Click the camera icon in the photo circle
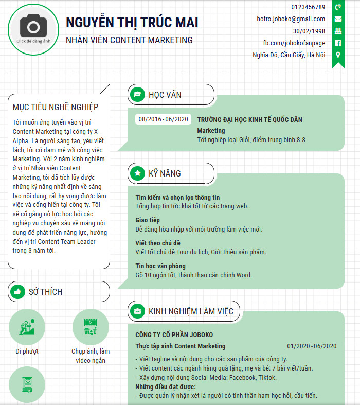pyautogui.click(x=33, y=25)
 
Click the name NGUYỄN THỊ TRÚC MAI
pyautogui.click(x=132, y=22)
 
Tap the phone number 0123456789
pyautogui.click(x=308, y=7)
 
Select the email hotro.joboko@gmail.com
pyautogui.click(x=291, y=19)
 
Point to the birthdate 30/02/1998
pyautogui.click(x=309, y=31)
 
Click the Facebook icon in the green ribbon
pyautogui.click(x=338, y=43)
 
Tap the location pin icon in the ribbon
pyautogui.click(x=338, y=55)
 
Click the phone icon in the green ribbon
pyautogui.click(x=338, y=7)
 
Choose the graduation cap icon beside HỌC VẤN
pyautogui.click(x=137, y=95)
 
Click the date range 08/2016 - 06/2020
pyautogui.click(x=163, y=119)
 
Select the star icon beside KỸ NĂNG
pyautogui.click(x=137, y=173)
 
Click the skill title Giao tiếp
pyautogui.click(x=148, y=220)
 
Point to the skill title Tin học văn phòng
pyautogui.click(x=160, y=266)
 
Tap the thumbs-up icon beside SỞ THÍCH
pyautogui.click(x=17, y=292)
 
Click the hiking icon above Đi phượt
pyautogui.click(x=27, y=327)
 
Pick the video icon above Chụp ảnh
pyautogui.click(x=91, y=327)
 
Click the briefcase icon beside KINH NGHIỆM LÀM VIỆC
pyautogui.click(x=137, y=311)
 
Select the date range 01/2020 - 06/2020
pyautogui.click(x=312, y=346)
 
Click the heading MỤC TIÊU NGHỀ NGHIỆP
pyautogui.click(x=56, y=107)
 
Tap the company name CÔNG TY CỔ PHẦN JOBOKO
pyautogui.click(x=174, y=334)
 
